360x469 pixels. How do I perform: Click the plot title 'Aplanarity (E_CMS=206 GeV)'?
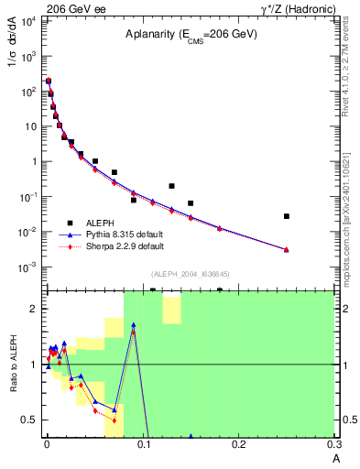coord(191,34)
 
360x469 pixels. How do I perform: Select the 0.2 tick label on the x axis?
coord(238,444)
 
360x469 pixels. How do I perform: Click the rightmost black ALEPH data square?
coord(287,216)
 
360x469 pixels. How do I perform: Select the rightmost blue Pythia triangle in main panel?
coord(287,249)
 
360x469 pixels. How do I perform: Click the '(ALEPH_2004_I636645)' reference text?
coord(189,275)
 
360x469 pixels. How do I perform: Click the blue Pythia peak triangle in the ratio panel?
coord(134,324)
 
